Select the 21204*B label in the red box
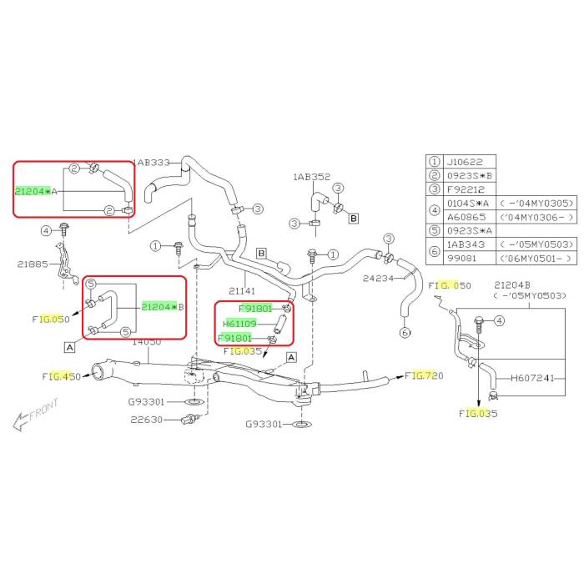click(x=162, y=307)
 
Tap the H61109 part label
click(x=241, y=323)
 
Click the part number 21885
click(x=34, y=264)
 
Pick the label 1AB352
click(x=312, y=177)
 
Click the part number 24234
click(x=379, y=279)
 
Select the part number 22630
click(x=147, y=419)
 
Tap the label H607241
click(x=532, y=377)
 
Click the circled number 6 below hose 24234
click(x=405, y=333)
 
